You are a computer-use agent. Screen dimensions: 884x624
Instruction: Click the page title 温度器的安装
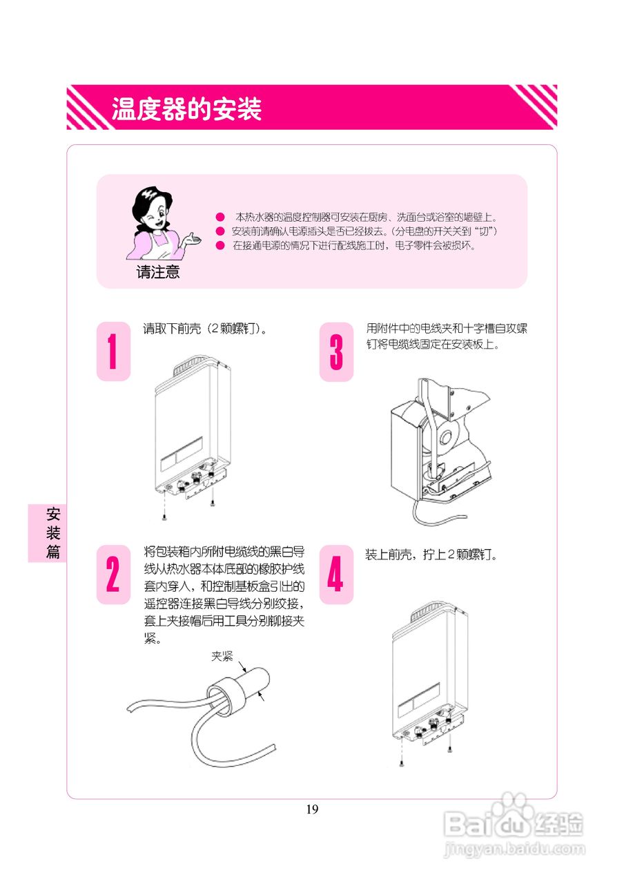click(x=186, y=108)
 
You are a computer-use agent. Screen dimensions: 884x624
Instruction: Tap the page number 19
click(x=312, y=809)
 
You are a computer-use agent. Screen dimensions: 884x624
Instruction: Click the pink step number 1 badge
click(x=113, y=351)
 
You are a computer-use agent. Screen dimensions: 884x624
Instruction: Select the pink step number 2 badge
click(x=113, y=575)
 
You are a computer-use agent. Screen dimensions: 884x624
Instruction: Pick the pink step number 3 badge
click(x=336, y=351)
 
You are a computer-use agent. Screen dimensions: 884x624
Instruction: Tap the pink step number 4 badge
click(x=335, y=575)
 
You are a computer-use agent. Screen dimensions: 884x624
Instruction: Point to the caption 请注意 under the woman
click(x=158, y=272)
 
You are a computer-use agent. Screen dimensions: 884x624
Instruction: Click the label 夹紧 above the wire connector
click(x=222, y=656)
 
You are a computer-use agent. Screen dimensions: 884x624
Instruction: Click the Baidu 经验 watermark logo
click(x=514, y=822)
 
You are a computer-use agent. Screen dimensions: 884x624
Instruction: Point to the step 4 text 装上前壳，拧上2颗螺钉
click(x=431, y=555)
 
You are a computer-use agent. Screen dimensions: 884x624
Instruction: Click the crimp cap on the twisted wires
click(x=242, y=686)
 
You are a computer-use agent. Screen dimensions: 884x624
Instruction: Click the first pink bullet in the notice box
click(x=220, y=217)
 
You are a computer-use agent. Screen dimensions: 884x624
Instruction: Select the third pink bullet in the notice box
click(x=220, y=245)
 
